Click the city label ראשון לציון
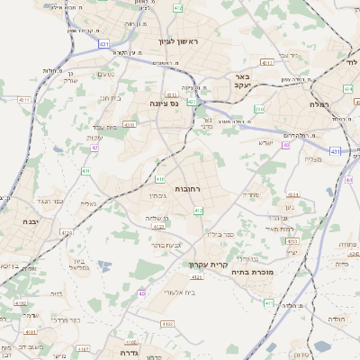click(176, 41)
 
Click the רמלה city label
click(320, 104)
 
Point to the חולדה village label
click(336, 319)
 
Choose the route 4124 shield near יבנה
click(65, 232)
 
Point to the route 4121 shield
click(196, 277)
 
